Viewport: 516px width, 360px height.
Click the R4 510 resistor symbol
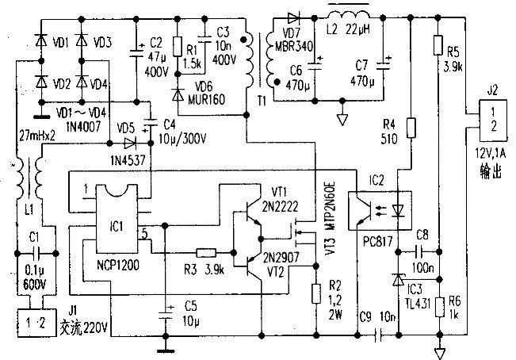coord(411,127)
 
